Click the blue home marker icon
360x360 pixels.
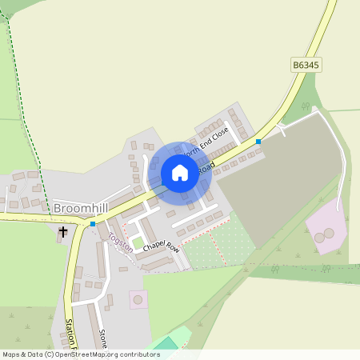[x=180, y=172]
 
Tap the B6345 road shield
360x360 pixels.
[x=306, y=65]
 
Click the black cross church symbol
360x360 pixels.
[x=63, y=232]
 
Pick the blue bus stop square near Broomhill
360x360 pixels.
[x=93, y=224]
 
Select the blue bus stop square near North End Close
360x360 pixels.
[x=258, y=142]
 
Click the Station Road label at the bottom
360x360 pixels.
[x=70, y=335]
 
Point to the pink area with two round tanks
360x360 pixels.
[x=326, y=228]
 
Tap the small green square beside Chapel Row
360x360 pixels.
[x=138, y=242]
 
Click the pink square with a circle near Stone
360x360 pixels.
[x=138, y=300]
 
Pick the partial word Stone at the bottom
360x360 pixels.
[x=102, y=339]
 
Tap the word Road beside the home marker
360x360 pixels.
[x=206, y=169]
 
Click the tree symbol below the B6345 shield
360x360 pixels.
[x=305, y=106]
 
